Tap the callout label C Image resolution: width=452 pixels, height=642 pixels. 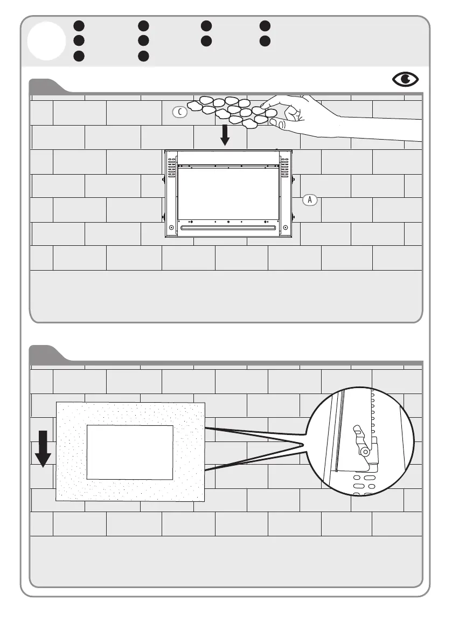pyautogui.click(x=180, y=112)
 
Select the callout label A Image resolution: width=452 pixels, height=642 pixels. pyautogui.click(x=309, y=199)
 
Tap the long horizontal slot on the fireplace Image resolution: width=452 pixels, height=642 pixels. pyautogui.click(x=228, y=228)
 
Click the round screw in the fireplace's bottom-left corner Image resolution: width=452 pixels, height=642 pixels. pyautogui.click(x=171, y=227)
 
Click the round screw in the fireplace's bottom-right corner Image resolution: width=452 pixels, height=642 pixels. pyautogui.click(x=286, y=227)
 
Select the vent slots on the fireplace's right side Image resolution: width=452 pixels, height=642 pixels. pyautogui.click(x=285, y=168)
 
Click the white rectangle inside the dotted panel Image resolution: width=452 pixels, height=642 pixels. pyautogui.click(x=130, y=452)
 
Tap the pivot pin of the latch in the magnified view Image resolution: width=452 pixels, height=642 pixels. pyautogui.click(x=365, y=451)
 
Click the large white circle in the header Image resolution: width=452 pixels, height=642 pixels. pyautogui.click(x=47, y=41)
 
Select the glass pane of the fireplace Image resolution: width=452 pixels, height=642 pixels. pyautogui.click(x=228, y=194)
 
